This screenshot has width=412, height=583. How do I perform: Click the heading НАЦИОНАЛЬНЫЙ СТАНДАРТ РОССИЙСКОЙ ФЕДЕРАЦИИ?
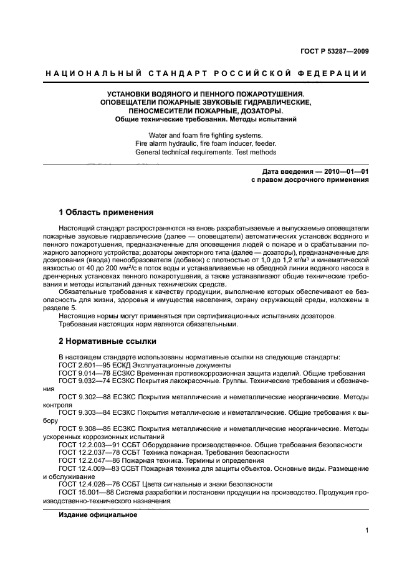206,74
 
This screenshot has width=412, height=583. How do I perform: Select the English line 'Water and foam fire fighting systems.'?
206,135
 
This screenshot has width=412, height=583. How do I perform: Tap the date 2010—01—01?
343,171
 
